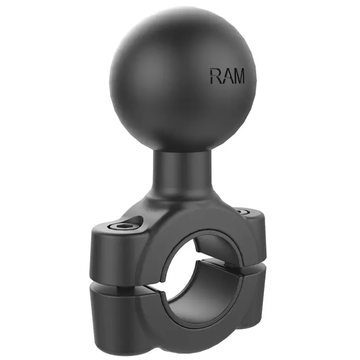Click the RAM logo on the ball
point(227,75)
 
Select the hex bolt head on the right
point(240,211)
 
